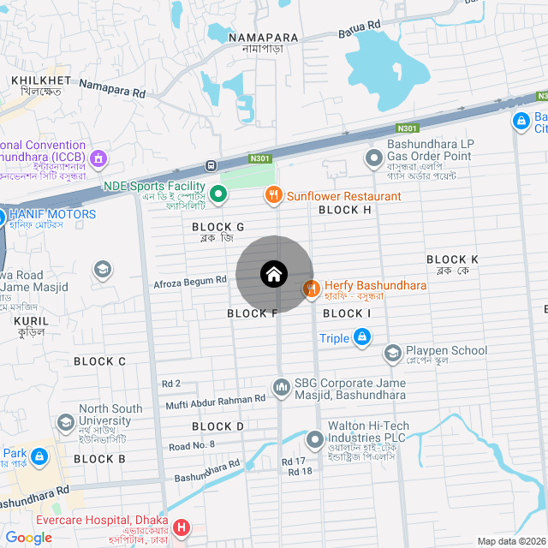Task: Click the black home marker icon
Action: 274,274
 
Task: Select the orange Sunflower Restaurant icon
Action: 274,195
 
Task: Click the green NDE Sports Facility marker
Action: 218,194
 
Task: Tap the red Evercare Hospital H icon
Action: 181,527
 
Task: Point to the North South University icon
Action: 66,423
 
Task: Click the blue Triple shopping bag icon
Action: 362,338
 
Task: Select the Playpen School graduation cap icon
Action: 392,353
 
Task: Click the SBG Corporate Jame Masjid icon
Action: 282,389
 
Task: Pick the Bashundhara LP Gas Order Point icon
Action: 373,158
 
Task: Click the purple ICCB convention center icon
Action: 98,158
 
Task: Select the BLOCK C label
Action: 99,361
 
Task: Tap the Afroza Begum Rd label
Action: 189,282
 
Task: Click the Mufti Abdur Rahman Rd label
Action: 216,400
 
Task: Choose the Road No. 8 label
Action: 192,446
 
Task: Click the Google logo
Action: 28,538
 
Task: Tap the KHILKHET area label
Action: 35,80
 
